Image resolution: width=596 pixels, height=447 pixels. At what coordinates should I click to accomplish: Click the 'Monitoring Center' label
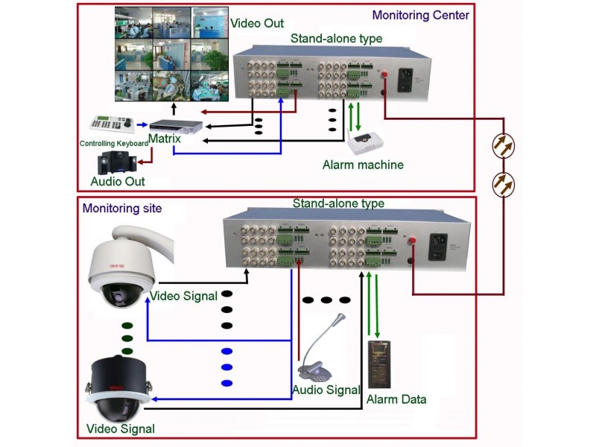(x=420, y=15)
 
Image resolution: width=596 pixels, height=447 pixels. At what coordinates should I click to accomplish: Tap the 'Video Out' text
(x=257, y=23)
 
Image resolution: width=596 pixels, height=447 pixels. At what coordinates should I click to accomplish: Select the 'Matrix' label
(x=165, y=139)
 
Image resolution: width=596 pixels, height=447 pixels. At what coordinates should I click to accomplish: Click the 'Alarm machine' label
(x=363, y=165)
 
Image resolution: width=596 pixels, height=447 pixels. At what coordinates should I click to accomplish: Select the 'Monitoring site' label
(x=121, y=209)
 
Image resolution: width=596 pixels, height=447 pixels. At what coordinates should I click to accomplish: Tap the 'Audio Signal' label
(x=326, y=390)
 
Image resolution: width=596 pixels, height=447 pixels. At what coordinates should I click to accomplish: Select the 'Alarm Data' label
(x=396, y=399)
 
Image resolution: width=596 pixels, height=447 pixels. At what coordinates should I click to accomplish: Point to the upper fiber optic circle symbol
(x=506, y=147)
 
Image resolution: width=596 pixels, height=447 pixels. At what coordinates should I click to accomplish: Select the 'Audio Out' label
(x=118, y=181)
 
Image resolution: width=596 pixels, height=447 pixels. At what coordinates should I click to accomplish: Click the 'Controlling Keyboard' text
(x=114, y=143)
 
